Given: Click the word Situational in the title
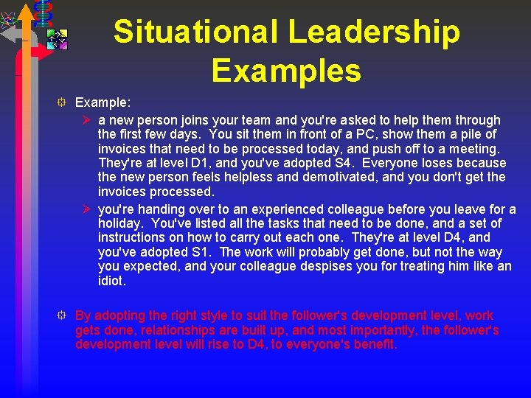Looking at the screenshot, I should pos(195,32).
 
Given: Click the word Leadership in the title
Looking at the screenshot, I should pos(374,32).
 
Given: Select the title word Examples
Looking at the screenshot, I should pos(286,71).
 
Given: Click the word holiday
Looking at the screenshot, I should pos(119,223).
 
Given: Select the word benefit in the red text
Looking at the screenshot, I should pos(375,345).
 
